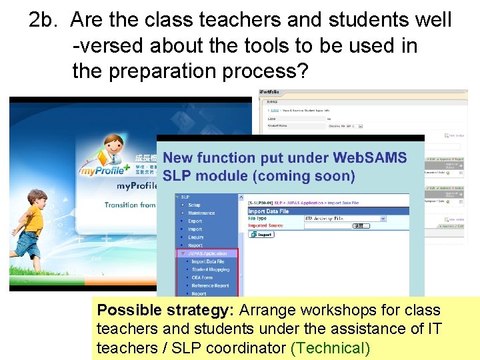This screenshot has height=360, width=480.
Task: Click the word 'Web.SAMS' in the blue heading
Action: point(370,158)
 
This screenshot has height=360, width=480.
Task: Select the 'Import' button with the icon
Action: point(262,234)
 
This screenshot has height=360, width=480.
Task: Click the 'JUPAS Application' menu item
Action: point(209,253)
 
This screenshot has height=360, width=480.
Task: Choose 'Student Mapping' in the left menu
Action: point(210,269)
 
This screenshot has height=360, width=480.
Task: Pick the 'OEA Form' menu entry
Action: point(202,277)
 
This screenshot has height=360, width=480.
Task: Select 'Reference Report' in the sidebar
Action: point(210,285)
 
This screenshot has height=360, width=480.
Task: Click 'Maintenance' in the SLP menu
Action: point(201,213)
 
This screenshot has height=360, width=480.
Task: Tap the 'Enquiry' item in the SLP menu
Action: point(195,237)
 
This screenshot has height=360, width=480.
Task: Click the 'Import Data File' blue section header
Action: point(269,211)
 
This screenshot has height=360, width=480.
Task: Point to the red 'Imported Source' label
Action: point(266,225)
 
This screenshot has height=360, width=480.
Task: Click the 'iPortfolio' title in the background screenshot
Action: point(269,91)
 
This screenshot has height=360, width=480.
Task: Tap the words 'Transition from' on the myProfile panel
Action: point(130,205)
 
